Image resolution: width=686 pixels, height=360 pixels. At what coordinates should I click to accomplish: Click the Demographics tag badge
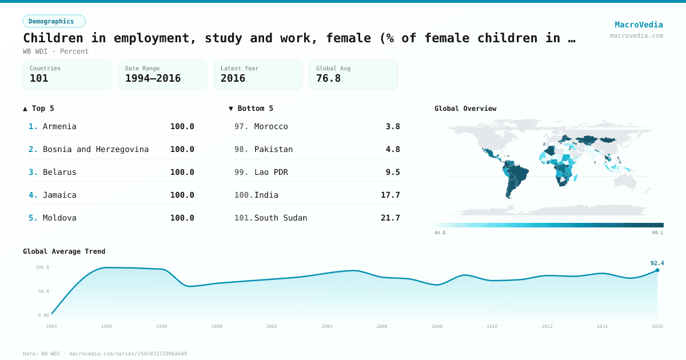point(54,21)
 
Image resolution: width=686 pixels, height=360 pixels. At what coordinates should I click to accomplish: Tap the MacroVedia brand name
point(639,25)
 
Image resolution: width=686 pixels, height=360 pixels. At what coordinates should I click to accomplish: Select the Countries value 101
point(39,78)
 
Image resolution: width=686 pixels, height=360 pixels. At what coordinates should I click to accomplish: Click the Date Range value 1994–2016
point(153,78)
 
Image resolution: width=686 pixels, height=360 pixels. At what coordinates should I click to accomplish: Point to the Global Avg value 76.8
point(328,78)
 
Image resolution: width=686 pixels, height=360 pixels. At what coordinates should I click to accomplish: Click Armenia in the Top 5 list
point(59,126)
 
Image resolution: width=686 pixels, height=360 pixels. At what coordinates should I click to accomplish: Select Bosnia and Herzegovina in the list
point(95,149)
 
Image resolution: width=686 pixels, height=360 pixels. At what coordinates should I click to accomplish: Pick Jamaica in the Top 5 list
point(59,195)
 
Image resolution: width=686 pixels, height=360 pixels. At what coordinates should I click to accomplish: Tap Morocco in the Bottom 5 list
point(271,126)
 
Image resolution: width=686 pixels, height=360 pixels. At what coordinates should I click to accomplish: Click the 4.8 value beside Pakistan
point(393,149)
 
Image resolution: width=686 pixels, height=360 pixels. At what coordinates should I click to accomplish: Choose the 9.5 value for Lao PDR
point(393,172)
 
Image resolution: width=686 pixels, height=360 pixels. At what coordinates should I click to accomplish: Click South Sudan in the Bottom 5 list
point(281,218)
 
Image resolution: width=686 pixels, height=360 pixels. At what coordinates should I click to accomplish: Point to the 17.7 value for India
point(390,195)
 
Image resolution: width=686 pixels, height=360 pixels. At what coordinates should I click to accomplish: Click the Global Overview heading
point(465,109)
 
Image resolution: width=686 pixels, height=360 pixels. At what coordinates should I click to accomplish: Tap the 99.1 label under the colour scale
point(658,233)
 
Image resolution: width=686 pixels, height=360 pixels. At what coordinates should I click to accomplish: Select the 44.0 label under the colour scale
point(440,233)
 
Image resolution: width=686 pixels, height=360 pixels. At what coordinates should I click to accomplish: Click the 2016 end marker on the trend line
point(657,270)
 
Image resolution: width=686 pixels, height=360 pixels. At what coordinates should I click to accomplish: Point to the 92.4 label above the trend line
point(657,263)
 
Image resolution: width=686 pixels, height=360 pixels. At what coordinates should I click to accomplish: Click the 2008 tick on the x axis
point(437,326)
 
